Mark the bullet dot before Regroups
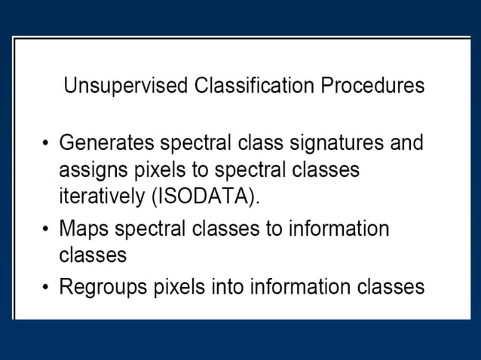point(47,288)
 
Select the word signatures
point(335,142)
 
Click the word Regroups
point(103,287)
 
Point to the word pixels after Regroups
point(179,287)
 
